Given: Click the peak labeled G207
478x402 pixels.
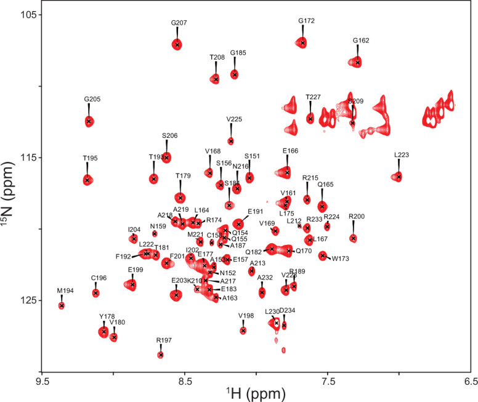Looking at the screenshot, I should (x=177, y=44).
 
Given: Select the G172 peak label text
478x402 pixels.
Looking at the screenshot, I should (x=306, y=21).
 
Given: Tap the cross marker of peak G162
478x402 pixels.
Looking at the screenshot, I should (x=358, y=62).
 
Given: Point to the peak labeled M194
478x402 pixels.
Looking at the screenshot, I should (x=62, y=305).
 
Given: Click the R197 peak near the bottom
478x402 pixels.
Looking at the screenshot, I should (x=161, y=355).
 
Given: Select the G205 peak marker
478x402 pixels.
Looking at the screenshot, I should (x=89, y=121).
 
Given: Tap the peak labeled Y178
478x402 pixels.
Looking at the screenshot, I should (x=103, y=332).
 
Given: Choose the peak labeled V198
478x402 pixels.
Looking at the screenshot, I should (x=243, y=331).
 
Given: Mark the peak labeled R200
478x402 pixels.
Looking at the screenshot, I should (x=353, y=238).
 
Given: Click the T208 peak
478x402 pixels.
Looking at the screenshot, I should (x=216, y=79).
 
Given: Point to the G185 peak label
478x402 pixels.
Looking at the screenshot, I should (x=238, y=53).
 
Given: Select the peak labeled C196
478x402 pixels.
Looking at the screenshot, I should (x=95, y=292).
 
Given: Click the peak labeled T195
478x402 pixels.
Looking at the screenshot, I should (x=87, y=180).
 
